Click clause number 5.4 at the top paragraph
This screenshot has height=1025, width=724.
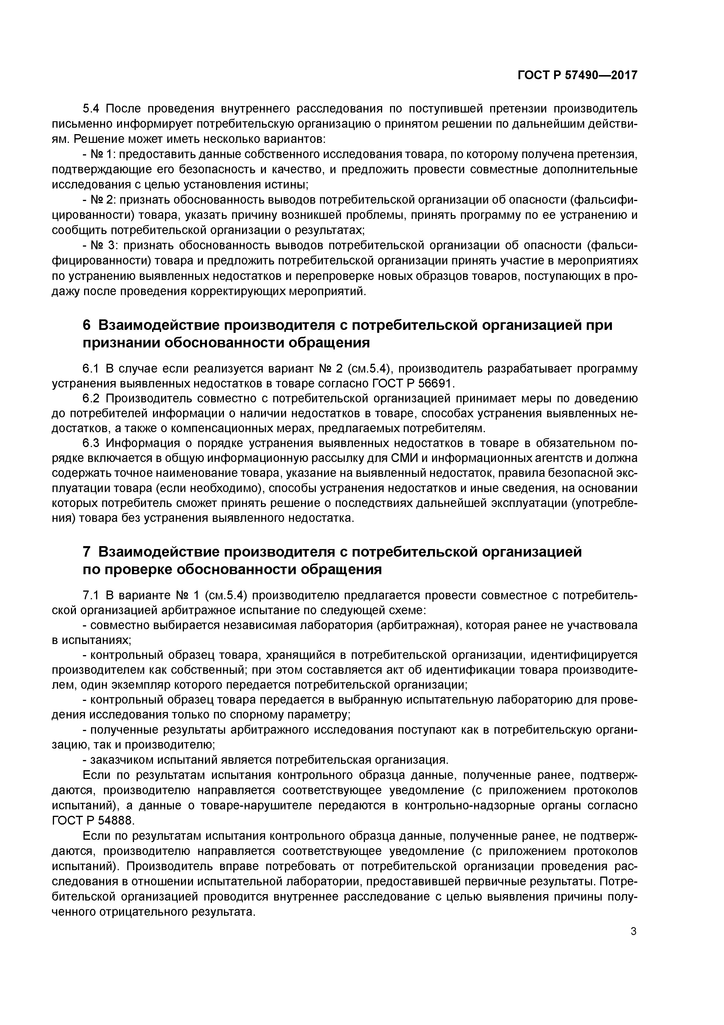pos(92,108)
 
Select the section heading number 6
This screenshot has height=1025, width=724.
pos(87,325)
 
